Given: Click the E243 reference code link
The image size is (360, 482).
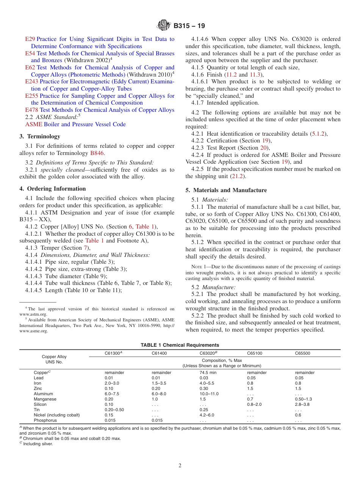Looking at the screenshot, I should coord(31,81).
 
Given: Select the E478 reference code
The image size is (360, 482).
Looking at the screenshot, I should coord(31,110).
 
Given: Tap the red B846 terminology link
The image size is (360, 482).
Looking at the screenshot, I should coord(97,153).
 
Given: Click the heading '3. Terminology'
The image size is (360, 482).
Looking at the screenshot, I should coord(39,136).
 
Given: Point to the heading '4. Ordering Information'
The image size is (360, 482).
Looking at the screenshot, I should coord(52,189).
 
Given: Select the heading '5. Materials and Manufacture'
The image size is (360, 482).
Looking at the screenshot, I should coord(226,190).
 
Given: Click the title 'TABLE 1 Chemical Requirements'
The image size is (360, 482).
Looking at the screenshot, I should coord(180,345).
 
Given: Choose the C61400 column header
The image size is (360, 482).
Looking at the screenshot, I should coord(159,353).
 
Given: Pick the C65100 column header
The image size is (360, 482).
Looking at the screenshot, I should coord(255,353).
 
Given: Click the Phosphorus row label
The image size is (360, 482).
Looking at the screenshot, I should coord(45,420).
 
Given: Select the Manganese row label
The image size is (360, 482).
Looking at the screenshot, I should coord(45,399).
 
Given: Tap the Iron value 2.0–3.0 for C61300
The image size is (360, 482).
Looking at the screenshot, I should coord(112,383).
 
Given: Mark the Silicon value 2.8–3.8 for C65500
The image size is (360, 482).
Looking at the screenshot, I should coord(302,404).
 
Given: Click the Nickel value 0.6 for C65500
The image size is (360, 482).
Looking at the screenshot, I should coord(298,415).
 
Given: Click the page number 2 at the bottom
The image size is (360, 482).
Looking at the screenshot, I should coord(180,466).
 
